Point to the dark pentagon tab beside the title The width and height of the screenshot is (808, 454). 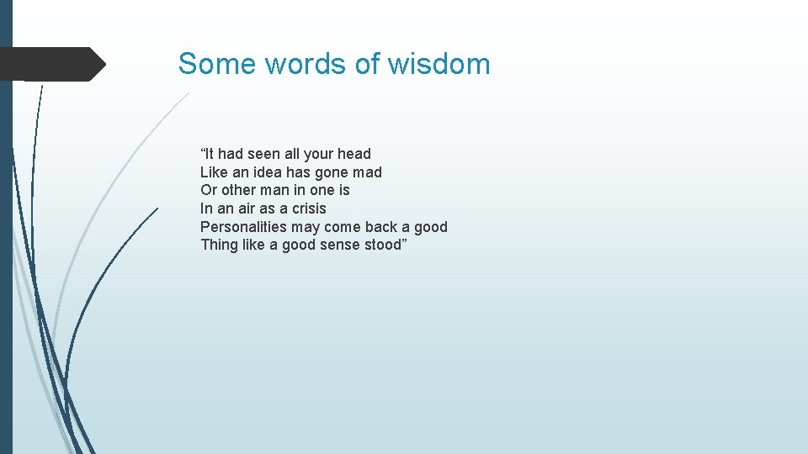pyautogui.click(x=50, y=64)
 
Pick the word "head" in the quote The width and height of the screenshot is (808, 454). pyautogui.click(x=354, y=154)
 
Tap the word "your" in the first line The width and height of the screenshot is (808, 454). pyautogui.click(x=318, y=154)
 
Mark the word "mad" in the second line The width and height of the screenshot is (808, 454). pyautogui.click(x=368, y=172)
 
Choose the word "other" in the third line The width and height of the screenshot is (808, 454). pyautogui.click(x=240, y=190)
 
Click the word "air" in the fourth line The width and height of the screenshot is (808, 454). pyautogui.click(x=244, y=209)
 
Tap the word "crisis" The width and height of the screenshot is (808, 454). pyautogui.click(x=309, y=209)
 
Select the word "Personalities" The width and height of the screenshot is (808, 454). pyautogui.click(x=243, y=227)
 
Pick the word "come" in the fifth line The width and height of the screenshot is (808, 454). pyautogui.click(x=342, y=227)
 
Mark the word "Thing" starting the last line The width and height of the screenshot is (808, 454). pyautogui.click(x=219, y=245)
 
